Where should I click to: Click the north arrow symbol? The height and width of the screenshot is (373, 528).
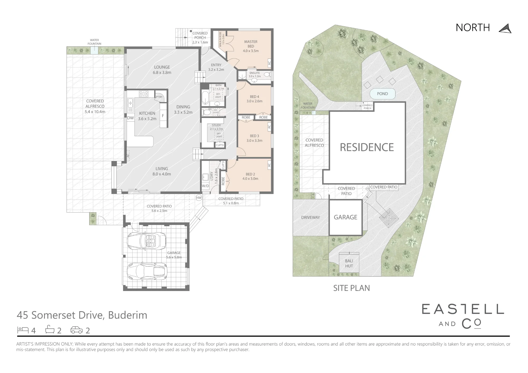(505, 29)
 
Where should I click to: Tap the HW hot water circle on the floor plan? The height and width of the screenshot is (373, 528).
(199, 198)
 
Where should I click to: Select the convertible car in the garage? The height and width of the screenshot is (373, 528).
(147, 241)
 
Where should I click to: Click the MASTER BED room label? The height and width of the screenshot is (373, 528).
(251, 44)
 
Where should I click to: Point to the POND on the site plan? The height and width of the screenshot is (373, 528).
(382, 94)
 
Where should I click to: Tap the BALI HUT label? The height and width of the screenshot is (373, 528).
(349, 263)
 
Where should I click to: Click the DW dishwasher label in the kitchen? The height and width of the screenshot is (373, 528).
(130, 118)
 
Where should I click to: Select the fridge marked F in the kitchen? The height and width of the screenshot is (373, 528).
(163, 116)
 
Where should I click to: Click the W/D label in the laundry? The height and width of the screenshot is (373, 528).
(205, 186)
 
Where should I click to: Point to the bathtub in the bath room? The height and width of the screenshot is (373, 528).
(205, 98)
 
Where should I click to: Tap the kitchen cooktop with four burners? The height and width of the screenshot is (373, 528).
(144, 94)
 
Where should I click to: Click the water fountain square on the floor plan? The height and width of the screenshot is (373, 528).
(94, 50)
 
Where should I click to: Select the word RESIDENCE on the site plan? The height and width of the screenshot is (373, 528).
(367, 147)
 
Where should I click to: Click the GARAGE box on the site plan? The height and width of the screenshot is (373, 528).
(345, 217)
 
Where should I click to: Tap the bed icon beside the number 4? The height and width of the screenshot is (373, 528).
(23, 330)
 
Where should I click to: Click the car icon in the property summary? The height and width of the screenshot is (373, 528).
(76, 330)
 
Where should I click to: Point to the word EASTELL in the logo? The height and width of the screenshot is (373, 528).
(463, 309)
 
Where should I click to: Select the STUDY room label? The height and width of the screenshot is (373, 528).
(216, 125)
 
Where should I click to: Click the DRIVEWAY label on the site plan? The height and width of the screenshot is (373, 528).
(310, 218)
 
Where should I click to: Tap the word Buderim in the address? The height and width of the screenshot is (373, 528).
(128, 315)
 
